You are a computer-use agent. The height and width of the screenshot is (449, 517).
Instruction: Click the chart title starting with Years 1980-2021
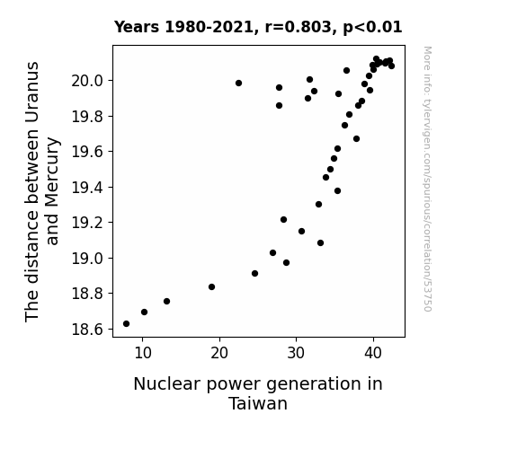pyautogui.click(x=258, y=27)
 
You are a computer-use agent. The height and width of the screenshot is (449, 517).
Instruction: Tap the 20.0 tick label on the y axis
pyautogui.click(x=87, y=81)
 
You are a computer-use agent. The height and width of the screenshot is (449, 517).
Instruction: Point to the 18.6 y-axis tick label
pyautogui.click(x=87, y=329)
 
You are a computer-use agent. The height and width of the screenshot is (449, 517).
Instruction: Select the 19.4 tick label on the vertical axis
pyautogui.click(x=87, y=188)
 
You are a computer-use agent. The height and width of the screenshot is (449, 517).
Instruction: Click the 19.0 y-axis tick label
pyautogui.click(x=87, y=259)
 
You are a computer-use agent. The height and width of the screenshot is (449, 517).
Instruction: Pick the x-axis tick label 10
pyautogui.click(x=143, y=354)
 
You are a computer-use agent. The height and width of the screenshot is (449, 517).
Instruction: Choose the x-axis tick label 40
pyautogui.click(x=373, y=354)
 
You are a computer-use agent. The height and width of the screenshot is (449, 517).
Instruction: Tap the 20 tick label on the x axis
pyautogui.click(x=219, y=354)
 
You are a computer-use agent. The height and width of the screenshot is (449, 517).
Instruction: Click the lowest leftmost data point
pyautogui.click(x=126, y=324)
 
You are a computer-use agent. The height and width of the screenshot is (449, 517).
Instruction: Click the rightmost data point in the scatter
pyautogui.click(x=391, y=66)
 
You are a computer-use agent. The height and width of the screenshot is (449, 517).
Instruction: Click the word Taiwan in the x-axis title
pyautogui.click(x=258, y=403)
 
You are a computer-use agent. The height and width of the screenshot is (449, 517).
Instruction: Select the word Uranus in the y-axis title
pyautogui.click(x=32, y=92)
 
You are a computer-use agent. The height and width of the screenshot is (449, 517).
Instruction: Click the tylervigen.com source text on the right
pyautogui.click(x=427, y=179)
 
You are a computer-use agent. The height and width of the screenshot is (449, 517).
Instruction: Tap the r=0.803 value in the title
pyautogui.click(x=299, y=27)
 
